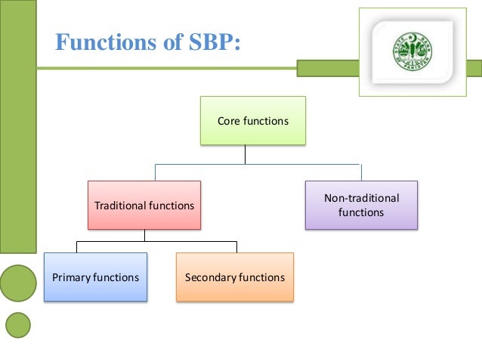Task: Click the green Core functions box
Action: click(253, 120)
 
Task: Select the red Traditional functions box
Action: click(144, 205)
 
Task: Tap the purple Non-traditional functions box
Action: click(361, 205)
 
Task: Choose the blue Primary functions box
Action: click(95, 277)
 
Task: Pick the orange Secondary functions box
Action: click(235, 277)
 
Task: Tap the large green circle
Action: click(17, 283)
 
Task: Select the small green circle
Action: click(18, 325)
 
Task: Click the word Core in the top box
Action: click(229, 120)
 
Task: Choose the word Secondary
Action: click(211, 277)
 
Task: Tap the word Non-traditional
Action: click(362, 198)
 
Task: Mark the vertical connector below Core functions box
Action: click(245, 154)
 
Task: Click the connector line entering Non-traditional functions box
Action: click(361, 172)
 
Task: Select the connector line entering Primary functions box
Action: click(77, 246)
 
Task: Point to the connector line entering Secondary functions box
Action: click(236, 246)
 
